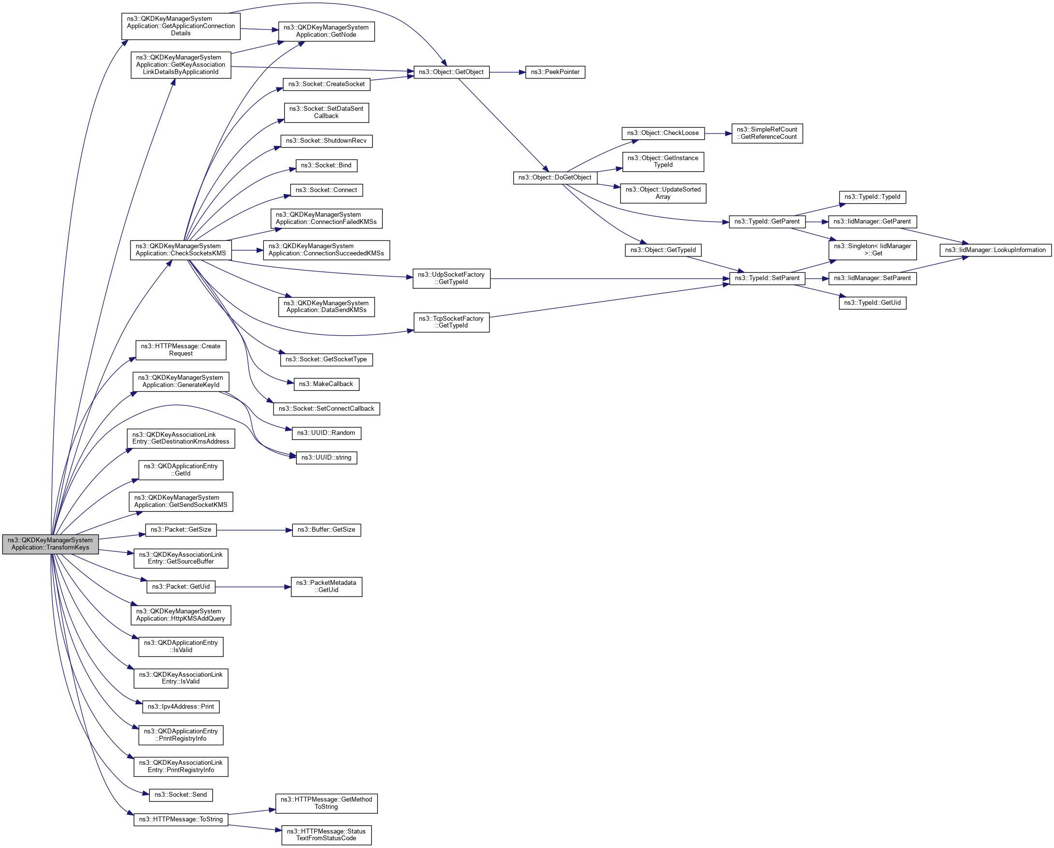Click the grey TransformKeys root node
[x=50, y=544]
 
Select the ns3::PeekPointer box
[x=555, y=72]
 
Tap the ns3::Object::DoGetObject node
[x=555, y=178]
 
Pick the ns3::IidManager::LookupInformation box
[x=995, y=250]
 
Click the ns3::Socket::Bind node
[x=326, y=165]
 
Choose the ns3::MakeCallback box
[x=326, y=384]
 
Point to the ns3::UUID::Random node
[x=326, y=433]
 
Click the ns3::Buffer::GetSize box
[x=326, y=530]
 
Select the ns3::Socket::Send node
[x=180, y=795]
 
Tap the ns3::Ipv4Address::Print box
[x=180, y=707]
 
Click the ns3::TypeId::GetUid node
[x=872, y=303]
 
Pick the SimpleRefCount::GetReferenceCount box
[x=766, y=133]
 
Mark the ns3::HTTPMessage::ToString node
[x=180, y=819]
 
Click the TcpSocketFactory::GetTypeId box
[x=451, y=322]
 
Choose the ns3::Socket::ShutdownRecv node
[x=326, y=141]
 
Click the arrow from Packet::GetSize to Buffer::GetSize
[x=254, y=530]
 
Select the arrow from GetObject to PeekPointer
[x=507, y=72]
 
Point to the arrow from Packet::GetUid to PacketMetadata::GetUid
[x=253, y=587]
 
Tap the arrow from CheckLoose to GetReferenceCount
[x=718, y=133]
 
